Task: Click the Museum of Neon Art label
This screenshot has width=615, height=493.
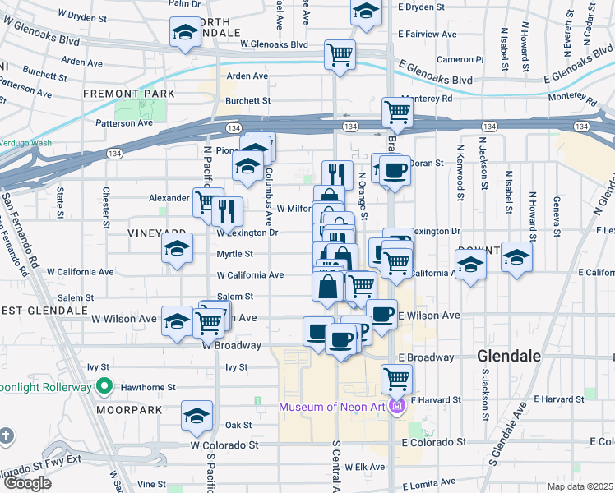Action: point(332,407)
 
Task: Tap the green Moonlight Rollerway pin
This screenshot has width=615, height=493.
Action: point(104,385)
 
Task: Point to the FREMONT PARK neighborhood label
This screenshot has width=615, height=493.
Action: point(129,94)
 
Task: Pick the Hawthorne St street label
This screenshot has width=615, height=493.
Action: point(149,387)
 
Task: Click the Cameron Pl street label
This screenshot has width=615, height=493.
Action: point(460,59)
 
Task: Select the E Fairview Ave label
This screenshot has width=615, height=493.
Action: point(428,35)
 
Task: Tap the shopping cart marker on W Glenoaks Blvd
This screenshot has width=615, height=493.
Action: point(340,54)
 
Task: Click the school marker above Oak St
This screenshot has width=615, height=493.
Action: point(197,416)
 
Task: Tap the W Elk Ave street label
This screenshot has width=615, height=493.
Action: point(363,467)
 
